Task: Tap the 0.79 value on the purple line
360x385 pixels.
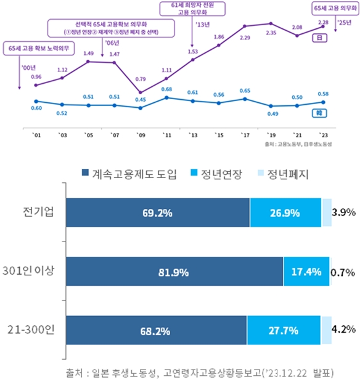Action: click(x=141, y=79)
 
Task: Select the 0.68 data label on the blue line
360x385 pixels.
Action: click(x=166, y=90)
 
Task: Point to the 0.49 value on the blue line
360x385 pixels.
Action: click(x=271, y=113)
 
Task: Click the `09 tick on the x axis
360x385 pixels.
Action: click(x=141, y=134)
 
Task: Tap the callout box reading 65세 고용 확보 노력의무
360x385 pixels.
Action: click(x=39, y=47)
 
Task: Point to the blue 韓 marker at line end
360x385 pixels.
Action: click(x=321, y=113)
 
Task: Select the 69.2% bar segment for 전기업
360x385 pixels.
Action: click(x=157, y=213)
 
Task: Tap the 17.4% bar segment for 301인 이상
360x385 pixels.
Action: click(x=306, y=272)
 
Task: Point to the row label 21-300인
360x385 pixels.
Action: click(x=29, y=330)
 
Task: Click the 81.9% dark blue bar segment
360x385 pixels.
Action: click(x=173, y=272)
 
